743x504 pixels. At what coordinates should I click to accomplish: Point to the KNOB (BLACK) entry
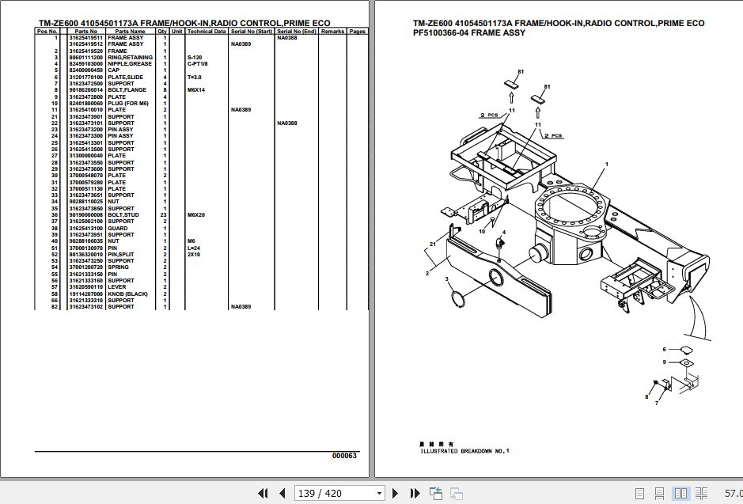(x=127, y=294)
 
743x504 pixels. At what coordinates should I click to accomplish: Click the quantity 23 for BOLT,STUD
(x=163, y=215)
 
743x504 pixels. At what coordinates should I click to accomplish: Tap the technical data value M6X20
(x=195, y=215)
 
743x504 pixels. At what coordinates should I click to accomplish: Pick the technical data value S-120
(x=194, y=58)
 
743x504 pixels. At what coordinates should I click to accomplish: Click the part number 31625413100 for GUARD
(x=85, y=228)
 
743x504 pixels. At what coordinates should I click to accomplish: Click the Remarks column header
(x=332, y=31)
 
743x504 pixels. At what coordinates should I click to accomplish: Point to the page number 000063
(x=344, y=456)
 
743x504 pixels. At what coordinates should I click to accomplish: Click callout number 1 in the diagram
(x=606, y=164)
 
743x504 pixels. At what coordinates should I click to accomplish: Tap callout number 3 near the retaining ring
(x=446, y=279)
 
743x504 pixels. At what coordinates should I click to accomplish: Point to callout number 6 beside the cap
(x=665, y=349)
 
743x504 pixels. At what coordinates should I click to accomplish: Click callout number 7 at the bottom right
(x=655, y=404)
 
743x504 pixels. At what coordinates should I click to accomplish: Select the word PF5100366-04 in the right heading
(x=434, y=33)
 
